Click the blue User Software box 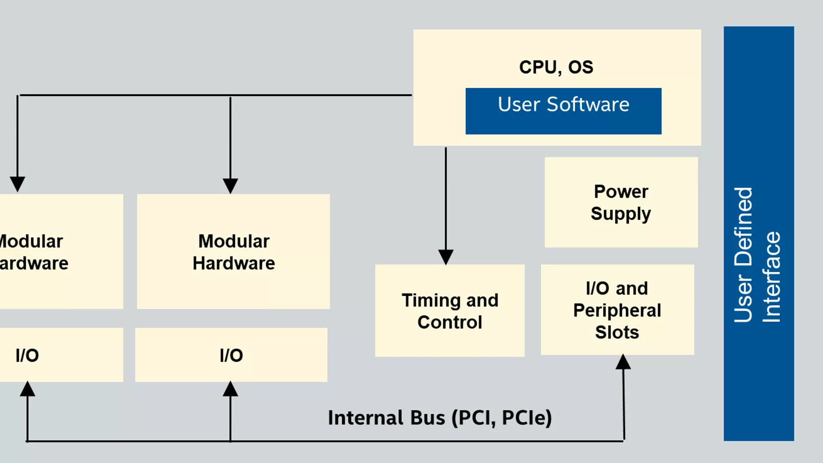click(x=563, y=111)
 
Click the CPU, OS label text click(x=556, y=67)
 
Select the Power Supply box click(x=621, y=202)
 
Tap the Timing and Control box click(x=450, y=311)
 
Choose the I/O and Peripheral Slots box click(x=617, y=310)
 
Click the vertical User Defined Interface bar click(x=758, y=234)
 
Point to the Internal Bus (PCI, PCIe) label click(x=440, y=418)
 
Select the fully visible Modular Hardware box click(x=233, y=252)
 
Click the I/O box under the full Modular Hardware click(x=231, y=355)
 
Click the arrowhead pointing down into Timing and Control click(x=446, y=257)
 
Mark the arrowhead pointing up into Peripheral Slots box click(x=623, y=362)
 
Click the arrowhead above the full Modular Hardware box click(x=230, y=186)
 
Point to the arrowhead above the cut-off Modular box click(x=18, y=184)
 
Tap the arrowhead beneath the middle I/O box click(x=230, y=389)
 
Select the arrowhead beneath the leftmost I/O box click(x=28, y=389)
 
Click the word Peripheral click(x=617, y=310)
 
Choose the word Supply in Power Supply click(x=621, y=214)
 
